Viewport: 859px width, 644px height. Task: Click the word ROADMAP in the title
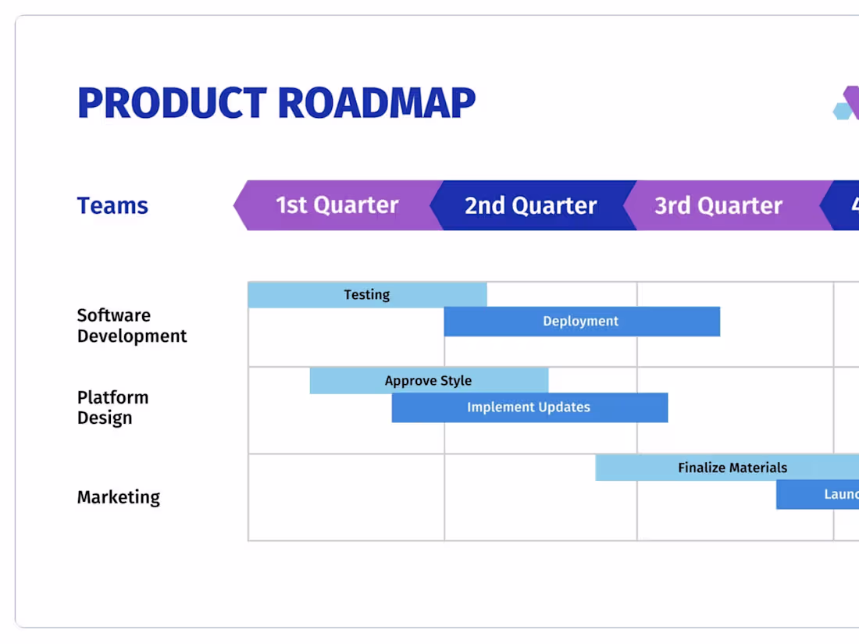click(376, 103)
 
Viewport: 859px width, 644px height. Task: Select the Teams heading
click(112, 206)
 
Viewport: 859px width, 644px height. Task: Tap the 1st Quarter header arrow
click(337, 205)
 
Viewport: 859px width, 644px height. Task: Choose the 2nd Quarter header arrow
click(530, 205)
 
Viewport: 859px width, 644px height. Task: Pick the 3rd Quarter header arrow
click(718, 205)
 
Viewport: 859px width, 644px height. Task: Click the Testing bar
click(367, 295)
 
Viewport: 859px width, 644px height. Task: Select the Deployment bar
click(581, 322)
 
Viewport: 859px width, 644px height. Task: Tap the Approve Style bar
click(429, 381)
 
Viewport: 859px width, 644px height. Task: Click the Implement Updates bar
click(529, 407)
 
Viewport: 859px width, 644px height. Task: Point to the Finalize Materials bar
click(732, 468)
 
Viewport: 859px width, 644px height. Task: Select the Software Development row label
click(131, 326)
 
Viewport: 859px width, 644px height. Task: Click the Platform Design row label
click(112, 407)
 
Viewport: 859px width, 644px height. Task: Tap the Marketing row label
click(118, 497)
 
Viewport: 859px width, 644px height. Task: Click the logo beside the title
click(847, 104)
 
